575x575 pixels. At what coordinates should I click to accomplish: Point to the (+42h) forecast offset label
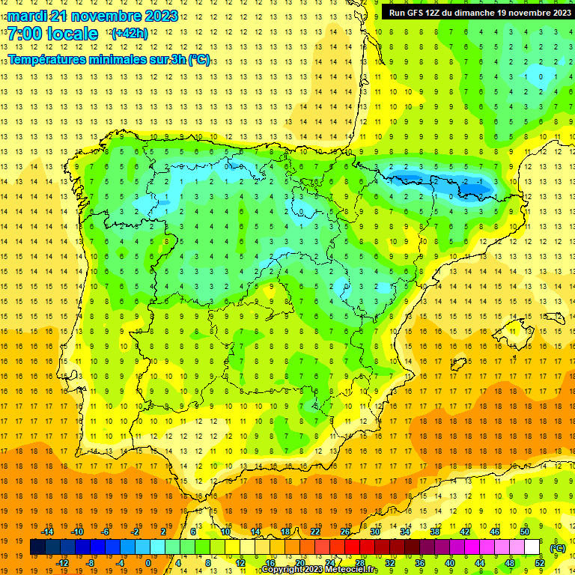point(129,34)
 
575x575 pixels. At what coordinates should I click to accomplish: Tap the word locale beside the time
point(72,34)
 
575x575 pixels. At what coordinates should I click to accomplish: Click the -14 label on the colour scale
point(47,532)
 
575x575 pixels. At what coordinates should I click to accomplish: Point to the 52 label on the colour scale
point(540,563)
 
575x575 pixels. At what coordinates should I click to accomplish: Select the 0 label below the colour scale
point(147,563)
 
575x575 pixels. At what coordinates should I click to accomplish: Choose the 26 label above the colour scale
point(345,532)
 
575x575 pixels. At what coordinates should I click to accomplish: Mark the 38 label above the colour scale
point(434,532)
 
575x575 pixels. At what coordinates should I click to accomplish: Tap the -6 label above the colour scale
point(106,532)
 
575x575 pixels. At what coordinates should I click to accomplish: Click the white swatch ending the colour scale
point(532,547)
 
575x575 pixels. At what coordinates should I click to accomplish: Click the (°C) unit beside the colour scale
point(558,548)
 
